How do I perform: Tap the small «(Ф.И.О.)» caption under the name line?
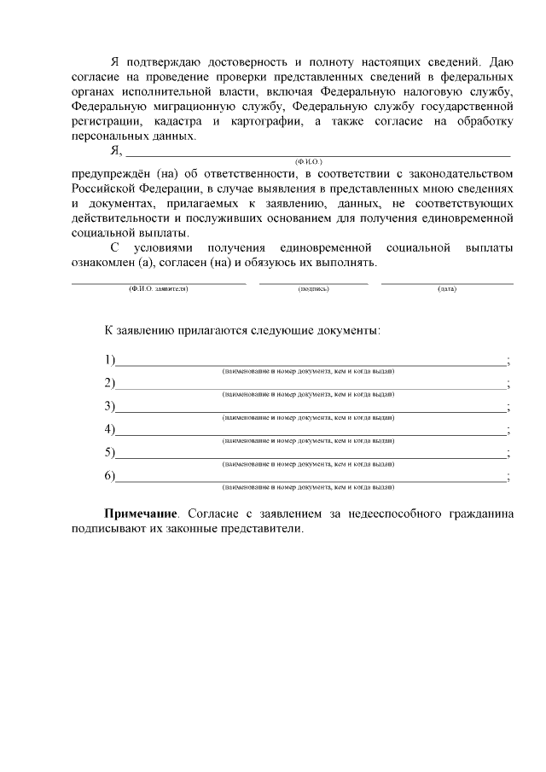pyautogui.click(x=308, y=161)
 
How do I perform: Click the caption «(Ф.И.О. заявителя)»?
pyautogui.click(x=158, y=289)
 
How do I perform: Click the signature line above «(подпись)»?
pyautogui.click(x=313, y=280)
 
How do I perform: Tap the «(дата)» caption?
pyautogui.click(x=446, y=289)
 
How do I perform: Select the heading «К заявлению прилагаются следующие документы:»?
pyautogui.click(x=242, y=329)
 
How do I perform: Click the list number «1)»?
pyautogui.click(x=109, y=358)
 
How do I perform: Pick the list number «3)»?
pyautogui.click(x=109, y=405)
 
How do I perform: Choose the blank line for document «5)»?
pyautogui.click(x=311, y=454)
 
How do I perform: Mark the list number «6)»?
pyautogui.click(x=109, y=475)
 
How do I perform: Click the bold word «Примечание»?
pyautogui.click(x=142, y=514)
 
